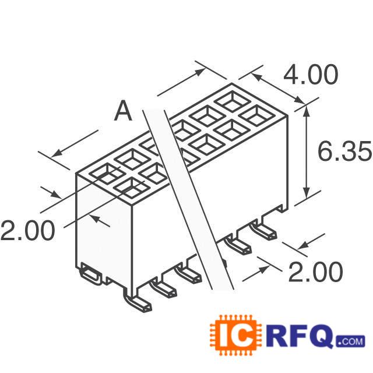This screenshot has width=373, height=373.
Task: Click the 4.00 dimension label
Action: coord(311,76)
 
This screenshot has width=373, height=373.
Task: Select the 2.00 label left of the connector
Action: coord(27,231)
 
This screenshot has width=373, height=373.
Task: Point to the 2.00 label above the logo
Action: coord(315,272)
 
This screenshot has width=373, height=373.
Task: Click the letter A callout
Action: coord(123,111)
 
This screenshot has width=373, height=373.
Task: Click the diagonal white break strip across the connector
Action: coord(186,192)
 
